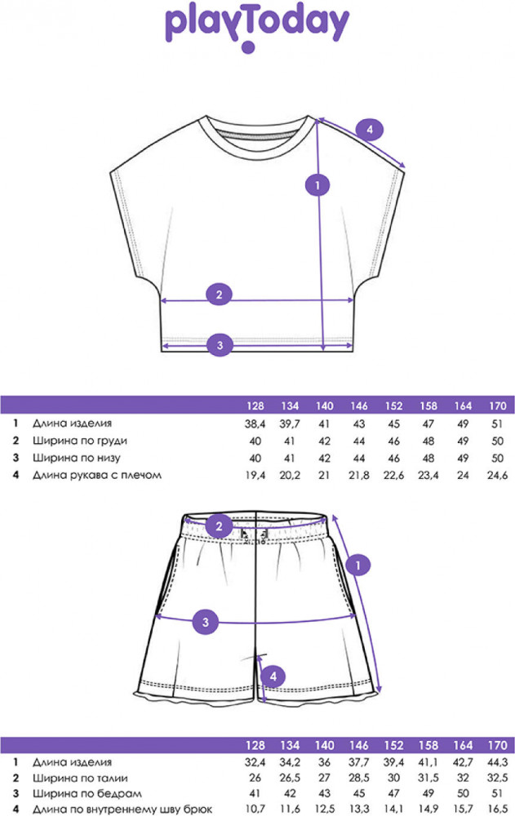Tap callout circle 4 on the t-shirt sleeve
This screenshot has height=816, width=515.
click(x=369, y=129)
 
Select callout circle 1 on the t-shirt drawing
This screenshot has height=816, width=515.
click(x=317, y=184)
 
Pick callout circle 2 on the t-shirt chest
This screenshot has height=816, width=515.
click(x=220, y=295)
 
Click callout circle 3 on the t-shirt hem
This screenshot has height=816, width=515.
click(x=220, y=344)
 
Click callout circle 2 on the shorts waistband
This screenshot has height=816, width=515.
click(x=219, y=526)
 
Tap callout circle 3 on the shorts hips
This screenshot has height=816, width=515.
click(x=206, y=622)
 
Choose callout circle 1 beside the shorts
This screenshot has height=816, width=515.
click(x=357, y=565)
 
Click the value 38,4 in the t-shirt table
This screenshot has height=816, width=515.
click(x=255, y=424)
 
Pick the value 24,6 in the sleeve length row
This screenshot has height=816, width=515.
click(x=498, y=475)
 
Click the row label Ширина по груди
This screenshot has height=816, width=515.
click(x=80, y=441)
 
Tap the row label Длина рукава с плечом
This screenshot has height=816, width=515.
click(x=97, y=475)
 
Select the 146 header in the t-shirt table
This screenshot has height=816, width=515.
click(x=359, y=406)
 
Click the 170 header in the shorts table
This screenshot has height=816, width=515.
click(x=498, y=745)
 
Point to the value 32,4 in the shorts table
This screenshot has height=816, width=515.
click(x=255, y=763)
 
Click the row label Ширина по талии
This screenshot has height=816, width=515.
click(x=80, y=778)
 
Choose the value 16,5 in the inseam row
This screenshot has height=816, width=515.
click(x=498, y=809)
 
